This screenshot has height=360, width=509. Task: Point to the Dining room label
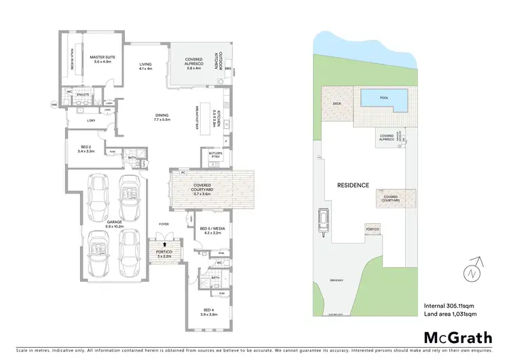point(162,117)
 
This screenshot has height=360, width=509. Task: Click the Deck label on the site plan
point(337,104)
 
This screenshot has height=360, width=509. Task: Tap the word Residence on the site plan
point(354,185)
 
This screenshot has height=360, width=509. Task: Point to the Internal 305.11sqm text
point(451,304)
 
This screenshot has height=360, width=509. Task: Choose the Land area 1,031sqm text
point(451,314)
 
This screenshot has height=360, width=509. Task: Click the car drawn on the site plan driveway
point(324,221)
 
